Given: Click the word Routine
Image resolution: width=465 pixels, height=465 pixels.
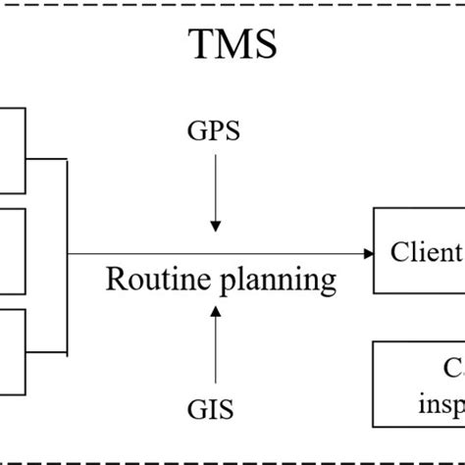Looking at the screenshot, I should [x=153, y=280].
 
